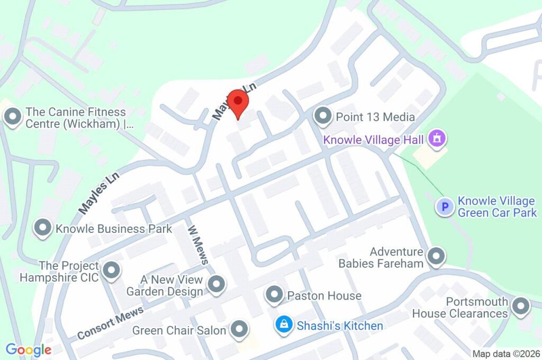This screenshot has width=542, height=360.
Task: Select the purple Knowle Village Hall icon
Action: (437, 140)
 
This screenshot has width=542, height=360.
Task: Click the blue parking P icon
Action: (445, 206)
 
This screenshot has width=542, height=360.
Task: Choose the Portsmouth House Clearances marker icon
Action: (521, 307)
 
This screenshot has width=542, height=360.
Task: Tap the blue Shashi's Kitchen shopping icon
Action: (284, 325)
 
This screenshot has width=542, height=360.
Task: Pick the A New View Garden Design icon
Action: (216, 285)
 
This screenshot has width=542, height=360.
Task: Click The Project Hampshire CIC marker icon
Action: (111, 271)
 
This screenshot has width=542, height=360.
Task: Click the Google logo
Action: (29, 349)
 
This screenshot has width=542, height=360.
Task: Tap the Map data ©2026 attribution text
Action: (506, 354)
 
